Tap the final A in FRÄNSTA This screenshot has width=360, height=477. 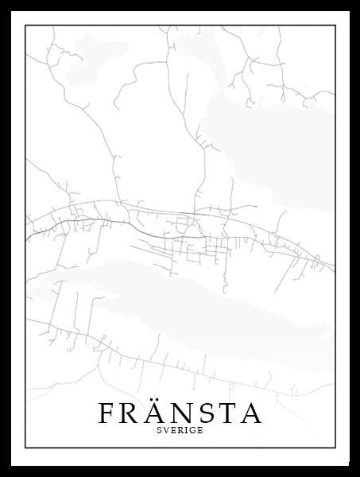coord(252,413)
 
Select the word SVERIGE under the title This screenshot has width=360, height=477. coord(180,431)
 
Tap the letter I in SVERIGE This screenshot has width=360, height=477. coord(186,431)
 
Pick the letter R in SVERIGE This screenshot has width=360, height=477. coord(180,431)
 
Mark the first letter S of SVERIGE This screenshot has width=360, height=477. coord(159,431)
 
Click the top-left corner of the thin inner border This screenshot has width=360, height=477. coord(25,25)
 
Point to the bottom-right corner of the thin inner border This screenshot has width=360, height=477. coord(335,448)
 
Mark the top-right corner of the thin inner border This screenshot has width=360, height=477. coord(335,25)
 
